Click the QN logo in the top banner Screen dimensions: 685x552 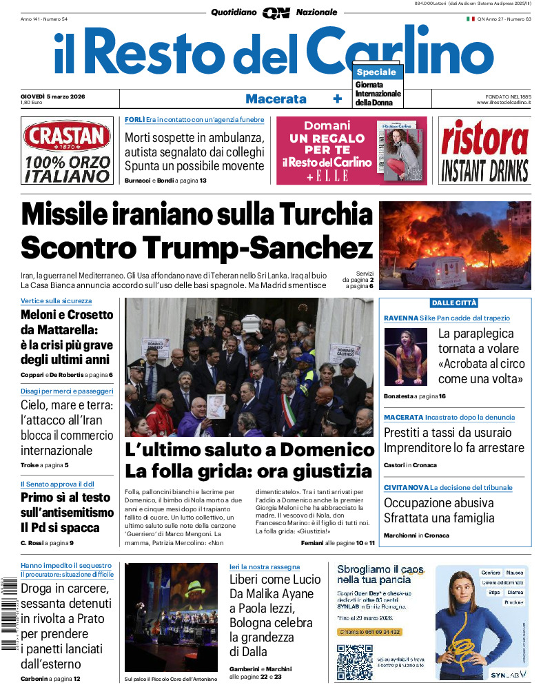click(276, 12)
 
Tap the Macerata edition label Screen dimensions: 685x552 click(276, 99)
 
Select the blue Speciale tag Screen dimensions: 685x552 click(376, 72)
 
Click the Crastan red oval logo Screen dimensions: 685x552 click(67, 136)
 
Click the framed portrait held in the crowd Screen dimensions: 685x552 click(216, 405)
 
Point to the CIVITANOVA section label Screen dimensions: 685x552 click(407, 487)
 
